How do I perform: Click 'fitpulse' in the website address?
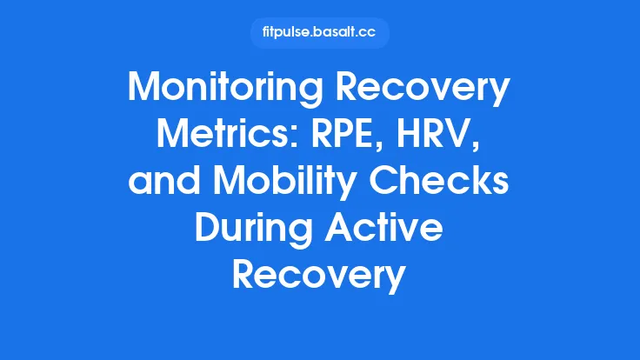(288, 33)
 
